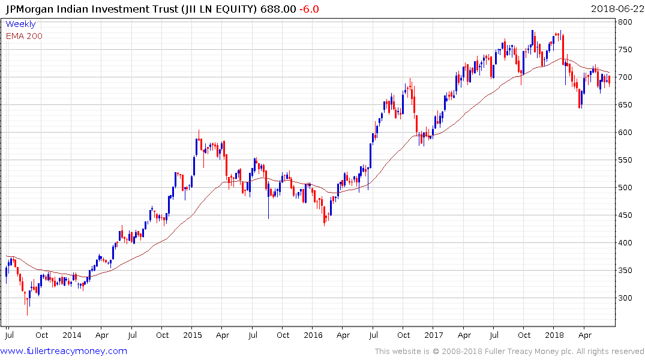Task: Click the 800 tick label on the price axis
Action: click(626, 22)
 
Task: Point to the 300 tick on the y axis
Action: click(626, 298)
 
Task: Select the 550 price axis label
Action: click(626, 160)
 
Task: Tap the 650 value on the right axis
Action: click(626, 105)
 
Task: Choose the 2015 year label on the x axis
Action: click(192, 335)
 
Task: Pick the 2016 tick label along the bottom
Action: click(313, 335)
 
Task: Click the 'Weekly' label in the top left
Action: click(20, 25)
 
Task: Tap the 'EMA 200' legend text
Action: click(24, 36)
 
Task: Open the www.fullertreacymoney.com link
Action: click(64, 351)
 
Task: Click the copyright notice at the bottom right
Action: click(509, 352)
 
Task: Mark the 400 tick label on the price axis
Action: click(626, 243)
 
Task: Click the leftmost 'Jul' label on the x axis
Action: click(10, 335)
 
